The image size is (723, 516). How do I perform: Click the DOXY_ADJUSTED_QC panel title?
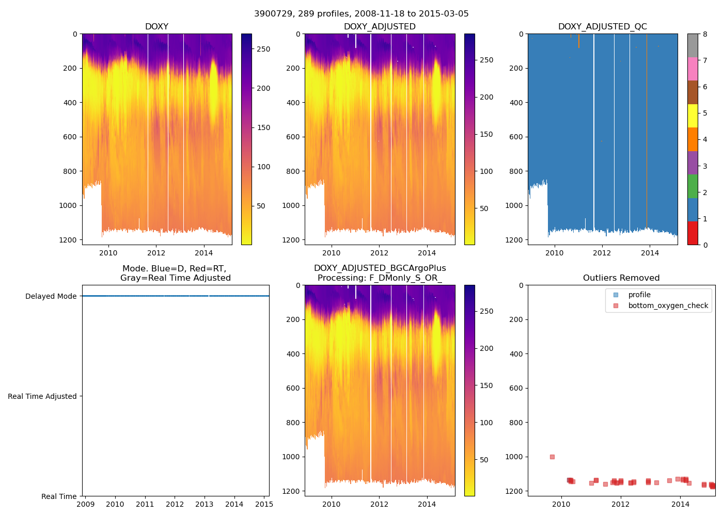tap(602, 27)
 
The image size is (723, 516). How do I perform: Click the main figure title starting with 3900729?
tap(361, 14)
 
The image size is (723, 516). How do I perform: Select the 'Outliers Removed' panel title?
tap(621, 278)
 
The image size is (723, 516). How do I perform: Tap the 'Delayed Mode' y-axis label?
tap(51, 296)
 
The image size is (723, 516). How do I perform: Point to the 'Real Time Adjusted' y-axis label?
tap(42, 396)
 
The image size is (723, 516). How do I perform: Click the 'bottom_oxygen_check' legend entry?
tap(668, 305)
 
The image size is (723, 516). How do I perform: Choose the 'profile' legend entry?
tap(639, 295)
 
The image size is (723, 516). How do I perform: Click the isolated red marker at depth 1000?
tap(552, 457)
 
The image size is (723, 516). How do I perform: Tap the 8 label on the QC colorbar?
tap(705, 34)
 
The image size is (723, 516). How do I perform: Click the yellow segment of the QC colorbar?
tap(693, 116)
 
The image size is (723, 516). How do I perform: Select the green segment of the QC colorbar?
tap(693, 186)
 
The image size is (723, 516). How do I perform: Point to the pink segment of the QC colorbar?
tap(693, 69)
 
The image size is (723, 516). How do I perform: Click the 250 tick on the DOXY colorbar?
tap(263, 49)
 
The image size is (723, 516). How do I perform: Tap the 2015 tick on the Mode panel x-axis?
tap(264, 504)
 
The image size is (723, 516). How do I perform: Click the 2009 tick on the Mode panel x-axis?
tap(85, 504)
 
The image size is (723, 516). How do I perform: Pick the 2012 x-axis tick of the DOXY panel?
tap(156, 253)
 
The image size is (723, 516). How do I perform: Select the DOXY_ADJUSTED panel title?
tap(380, 27)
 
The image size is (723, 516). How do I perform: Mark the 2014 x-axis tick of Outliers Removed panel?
tap(680, 504)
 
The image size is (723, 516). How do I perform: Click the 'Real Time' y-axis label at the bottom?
tap(59, 496)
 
